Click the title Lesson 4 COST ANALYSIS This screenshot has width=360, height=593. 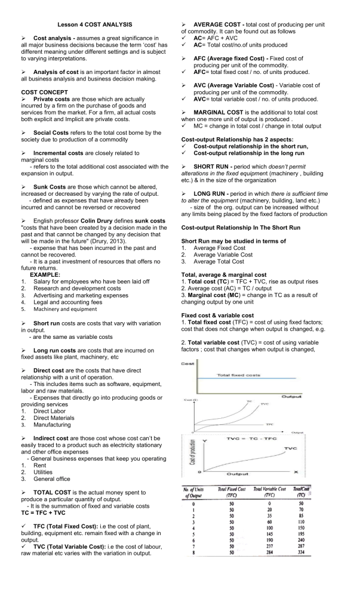[x=95, y=24]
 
